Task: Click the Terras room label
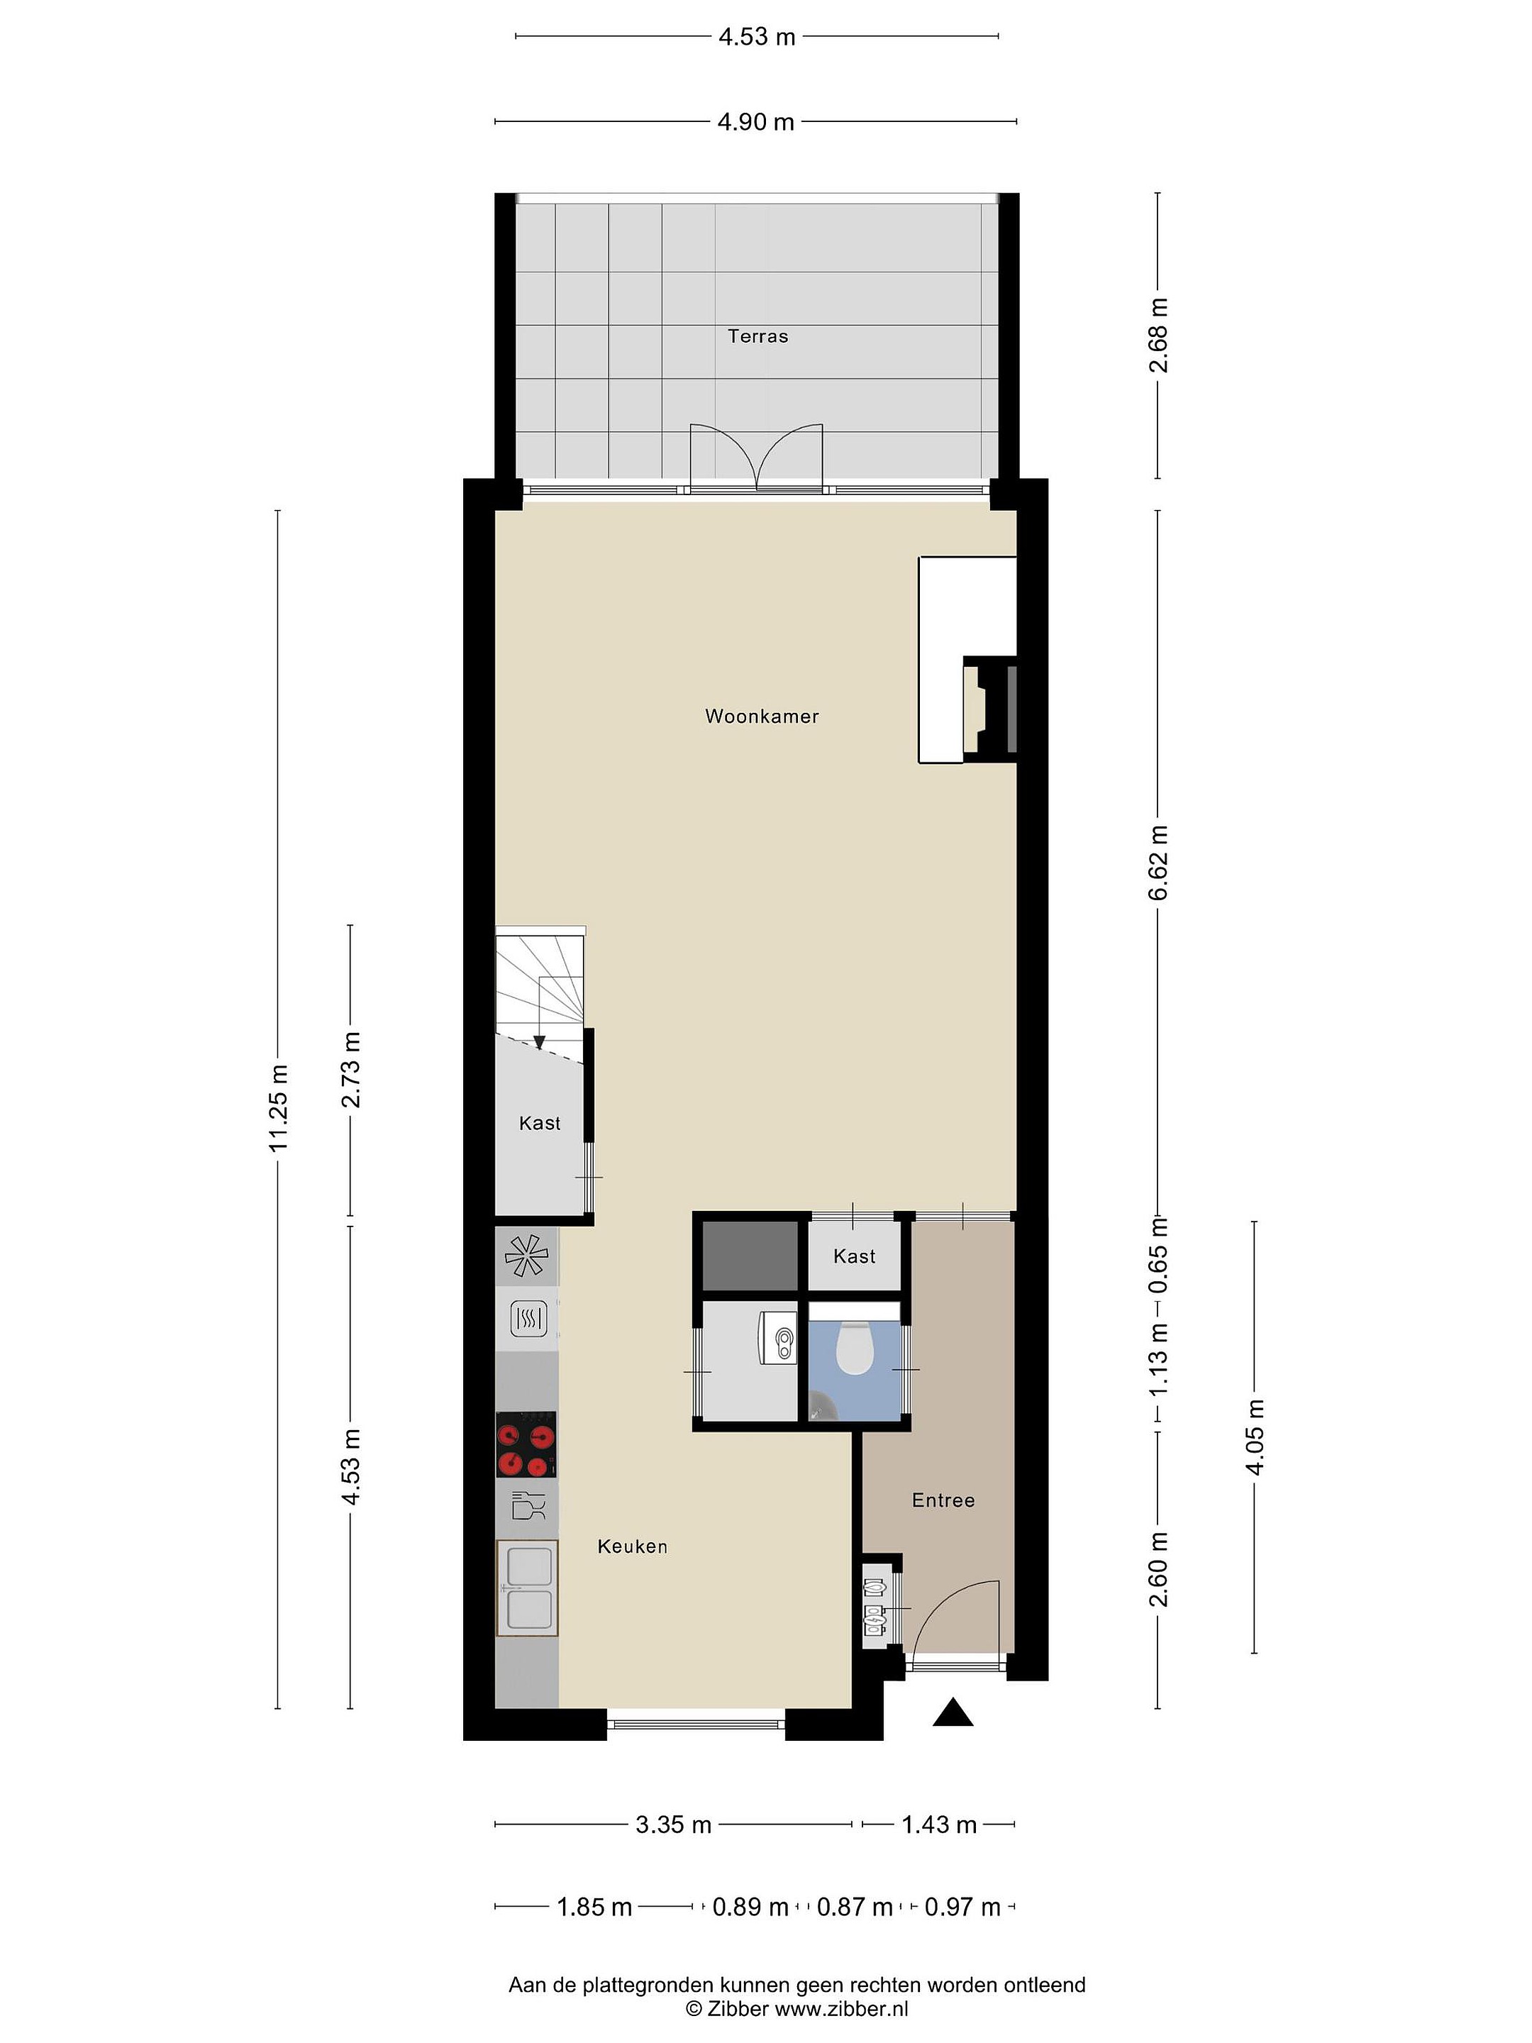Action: coord(757,336)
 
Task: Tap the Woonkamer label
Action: coord(762,716)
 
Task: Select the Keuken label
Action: coord(633,1546)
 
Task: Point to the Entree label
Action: coord(943,1500)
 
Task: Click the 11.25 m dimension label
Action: coord(279,1108)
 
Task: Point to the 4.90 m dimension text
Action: coord(756,122)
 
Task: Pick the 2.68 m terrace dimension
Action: coord(1158,336)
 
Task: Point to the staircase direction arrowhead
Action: coord(539,1043)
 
